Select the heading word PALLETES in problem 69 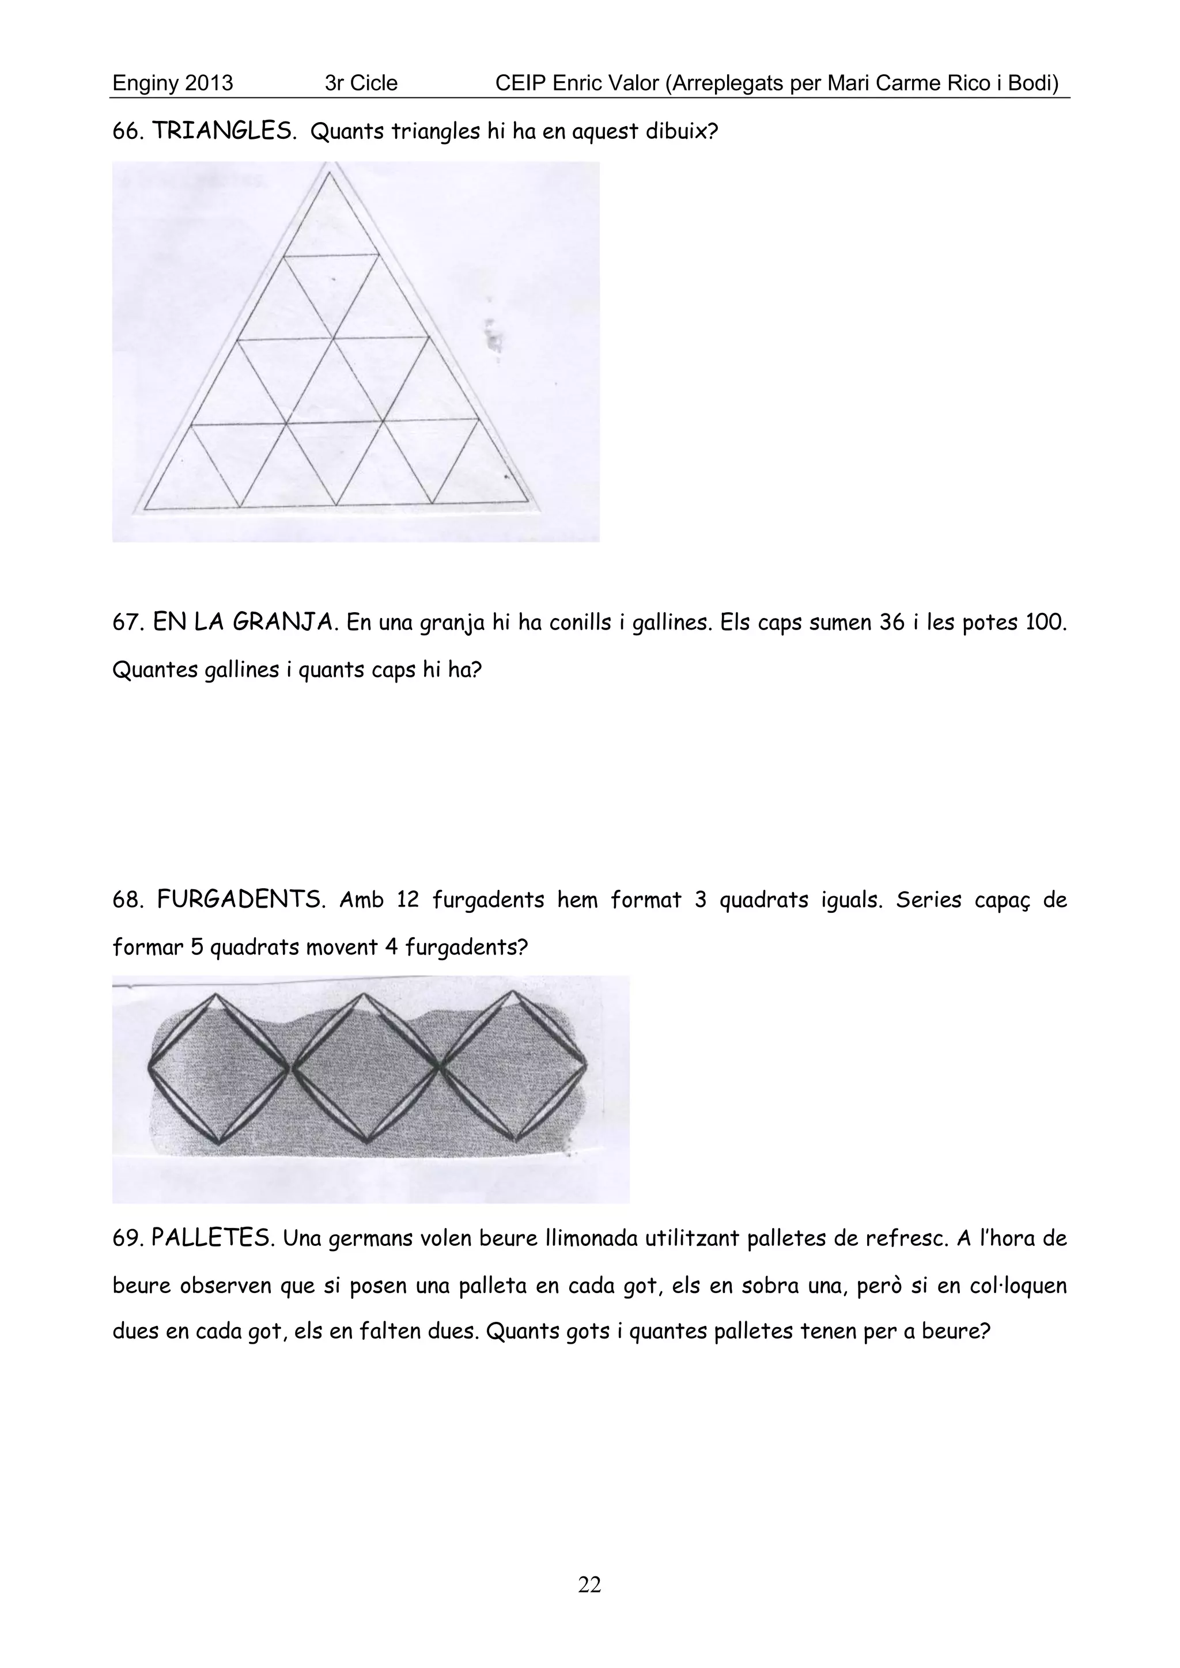point(212,1238)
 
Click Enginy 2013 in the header point(172,84)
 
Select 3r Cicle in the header point(361,84)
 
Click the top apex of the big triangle point(329,172)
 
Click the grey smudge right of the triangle point(494,338)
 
